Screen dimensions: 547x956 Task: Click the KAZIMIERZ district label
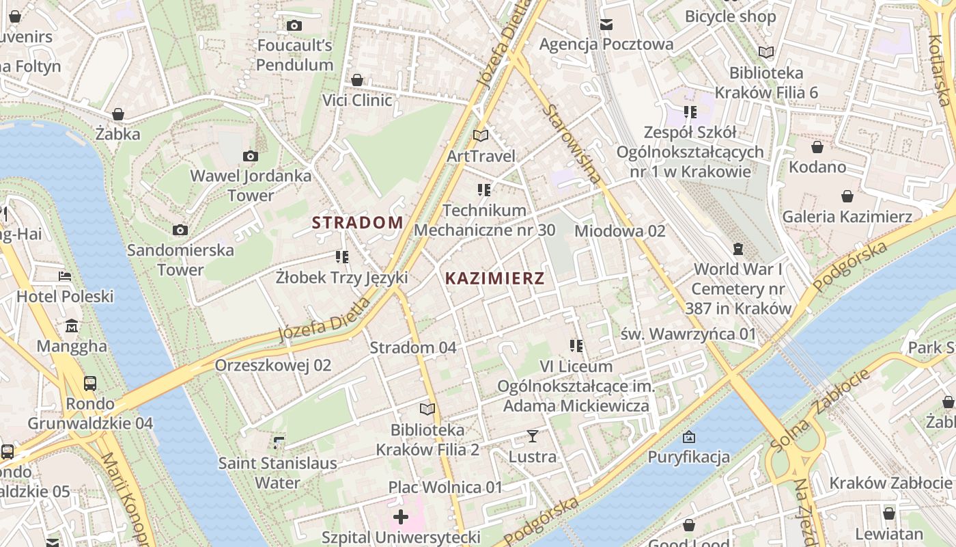click(x=495, y=278)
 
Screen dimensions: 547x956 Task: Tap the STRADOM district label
click(x=358, y=222)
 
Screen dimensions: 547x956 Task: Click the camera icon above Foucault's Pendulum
click(x=294, y=26)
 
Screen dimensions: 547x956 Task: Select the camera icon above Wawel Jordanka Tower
click(x=251, y=156)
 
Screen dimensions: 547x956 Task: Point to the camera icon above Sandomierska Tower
click(x=180, y=230)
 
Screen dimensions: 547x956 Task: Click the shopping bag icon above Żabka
click(x=118, y=114)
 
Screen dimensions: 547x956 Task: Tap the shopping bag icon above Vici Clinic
click(x=356, y=81)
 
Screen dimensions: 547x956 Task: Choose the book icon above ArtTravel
click(x=481, y=136)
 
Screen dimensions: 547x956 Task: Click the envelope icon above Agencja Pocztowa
click(x=606, y=25)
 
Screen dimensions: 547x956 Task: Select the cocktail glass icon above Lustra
click(x=533, y=436)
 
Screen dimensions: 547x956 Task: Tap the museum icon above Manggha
click(x=72, y=326)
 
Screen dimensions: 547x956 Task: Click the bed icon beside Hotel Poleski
click(x=65, y=276)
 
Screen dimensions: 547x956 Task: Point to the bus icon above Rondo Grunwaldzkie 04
click(x=89, y=383)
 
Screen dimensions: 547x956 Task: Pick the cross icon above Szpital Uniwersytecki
click(x=401, y=516)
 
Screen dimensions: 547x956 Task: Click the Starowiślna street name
click(x=572, y=145)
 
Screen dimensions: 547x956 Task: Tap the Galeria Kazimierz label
click(x=847, y=217)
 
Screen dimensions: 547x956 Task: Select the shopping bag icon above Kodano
click(x=817, y=147)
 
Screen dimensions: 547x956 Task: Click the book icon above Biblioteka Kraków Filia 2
click(x=427, y=409)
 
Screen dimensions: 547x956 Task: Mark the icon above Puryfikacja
click(x=689, y=437)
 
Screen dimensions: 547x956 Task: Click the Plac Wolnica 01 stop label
click(x=445, y=488)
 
